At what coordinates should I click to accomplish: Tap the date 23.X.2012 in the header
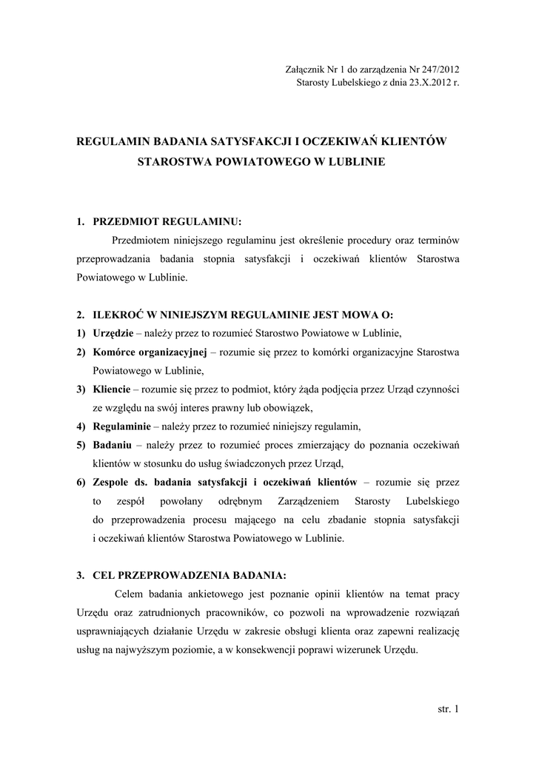(x=424, y=82)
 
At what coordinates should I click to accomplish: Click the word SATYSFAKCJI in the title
(x=231, y=140)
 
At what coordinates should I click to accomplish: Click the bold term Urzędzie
(x=113, y=331)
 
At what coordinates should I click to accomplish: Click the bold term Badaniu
(x=112, y=446)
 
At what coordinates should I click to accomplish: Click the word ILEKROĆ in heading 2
(x=119, y=312)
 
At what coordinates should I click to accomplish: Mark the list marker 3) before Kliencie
(x=82, y=389)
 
